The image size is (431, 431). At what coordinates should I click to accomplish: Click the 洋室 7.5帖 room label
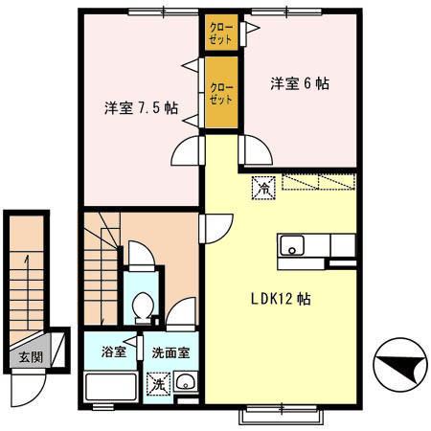point(140,107)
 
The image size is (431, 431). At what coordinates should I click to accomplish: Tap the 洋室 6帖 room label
point(299,83)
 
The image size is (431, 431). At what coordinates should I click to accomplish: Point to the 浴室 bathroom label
point(114,352)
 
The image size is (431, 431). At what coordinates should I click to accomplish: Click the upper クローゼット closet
point(221,35)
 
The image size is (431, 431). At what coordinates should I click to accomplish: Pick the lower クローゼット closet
point(221,93)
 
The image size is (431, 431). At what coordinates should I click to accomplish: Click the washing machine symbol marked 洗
point(155,384)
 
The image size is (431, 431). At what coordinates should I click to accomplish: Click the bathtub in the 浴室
point(111,388)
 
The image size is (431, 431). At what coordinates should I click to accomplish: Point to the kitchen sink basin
point(290,246)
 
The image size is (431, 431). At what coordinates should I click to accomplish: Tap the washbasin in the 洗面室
point(186,385)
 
